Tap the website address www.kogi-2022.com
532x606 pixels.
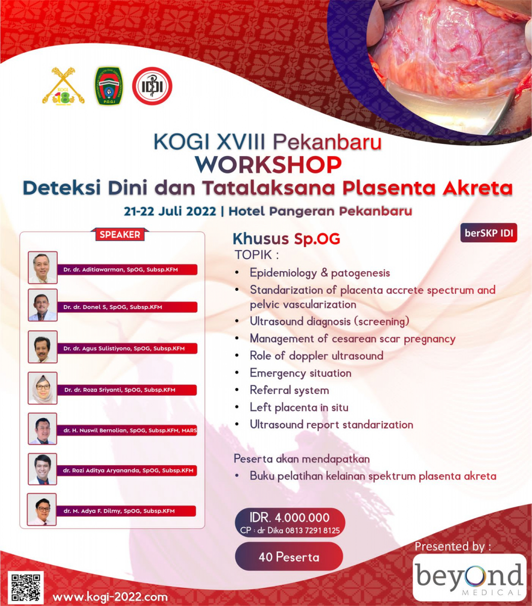pos(110,597)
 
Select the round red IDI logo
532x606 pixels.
pos(152,86)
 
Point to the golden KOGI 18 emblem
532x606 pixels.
pos(63,86)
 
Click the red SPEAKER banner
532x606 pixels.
pos(120,234)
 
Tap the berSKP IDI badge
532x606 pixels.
pos(489,234)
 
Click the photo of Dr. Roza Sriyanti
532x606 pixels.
pos(42,388)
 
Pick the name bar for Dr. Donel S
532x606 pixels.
pos(126,307)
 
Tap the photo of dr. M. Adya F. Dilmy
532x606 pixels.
pos(42,510)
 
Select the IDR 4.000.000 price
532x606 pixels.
pos(290,517)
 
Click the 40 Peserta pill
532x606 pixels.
pos(289,557)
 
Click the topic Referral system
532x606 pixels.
pos(289,390)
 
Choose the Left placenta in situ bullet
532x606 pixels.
pos(299,408)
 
